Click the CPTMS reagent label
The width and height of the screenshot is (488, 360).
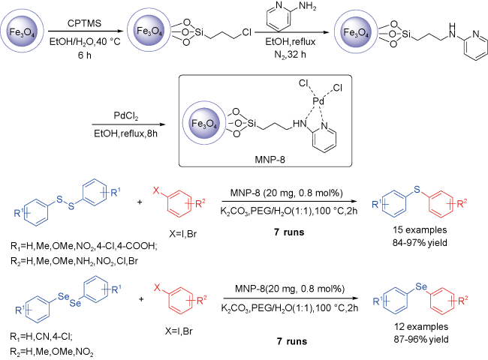[84, 23]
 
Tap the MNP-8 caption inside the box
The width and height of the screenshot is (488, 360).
[270, 160]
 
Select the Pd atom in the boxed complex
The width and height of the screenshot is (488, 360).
[318, 101]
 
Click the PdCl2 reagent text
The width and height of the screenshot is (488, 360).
[125, 116]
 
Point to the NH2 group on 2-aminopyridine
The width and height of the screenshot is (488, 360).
[307, 7]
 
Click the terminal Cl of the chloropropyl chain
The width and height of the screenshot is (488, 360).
[246, 32]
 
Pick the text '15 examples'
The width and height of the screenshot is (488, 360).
[420, 229]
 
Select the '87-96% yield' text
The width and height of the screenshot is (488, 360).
[420, 339]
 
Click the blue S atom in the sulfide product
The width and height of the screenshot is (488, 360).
[417, 189]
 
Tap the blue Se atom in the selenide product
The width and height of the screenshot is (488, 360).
[421, 286]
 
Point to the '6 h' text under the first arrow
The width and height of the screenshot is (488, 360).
[84, 55]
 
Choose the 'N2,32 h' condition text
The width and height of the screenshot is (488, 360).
[290, 55]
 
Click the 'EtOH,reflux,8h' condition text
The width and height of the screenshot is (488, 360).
[125, 133]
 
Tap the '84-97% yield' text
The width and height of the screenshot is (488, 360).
[420, 242]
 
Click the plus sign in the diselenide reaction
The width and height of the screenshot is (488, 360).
[141, 299]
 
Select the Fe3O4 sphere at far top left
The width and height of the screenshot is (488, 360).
[22, 31]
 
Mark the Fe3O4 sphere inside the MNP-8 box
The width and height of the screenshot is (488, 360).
[204, 123]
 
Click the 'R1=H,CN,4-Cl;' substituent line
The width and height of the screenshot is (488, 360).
[41, 337]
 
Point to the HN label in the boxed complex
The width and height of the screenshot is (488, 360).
[300, 124]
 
